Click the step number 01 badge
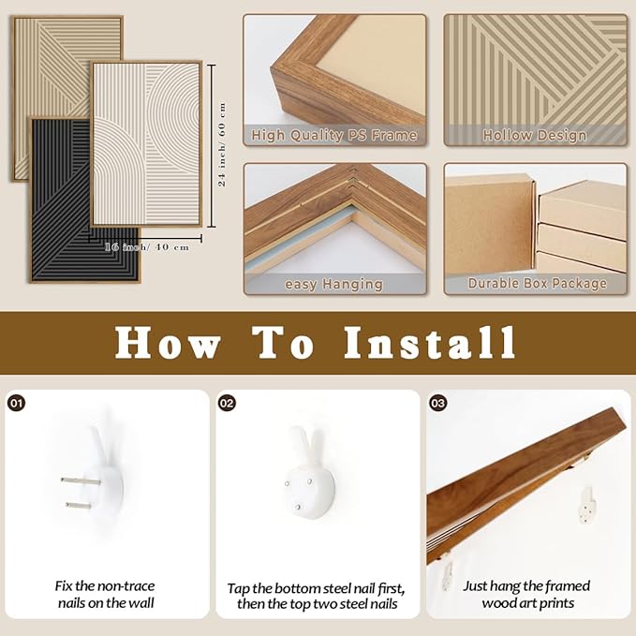point(17,403)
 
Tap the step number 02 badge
point(227,403)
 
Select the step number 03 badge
point(438,403)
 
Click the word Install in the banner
point(430,343)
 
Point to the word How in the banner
point(168,343)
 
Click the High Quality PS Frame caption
point(333,135)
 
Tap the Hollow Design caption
point(535,135)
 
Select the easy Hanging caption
point(333,285)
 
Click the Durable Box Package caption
point(538,283)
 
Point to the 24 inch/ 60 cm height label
point(222,144)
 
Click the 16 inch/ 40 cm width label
point(147,246)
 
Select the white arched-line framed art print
point(146,143)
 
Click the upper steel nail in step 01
point(81,481)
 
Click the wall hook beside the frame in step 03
point(587,506)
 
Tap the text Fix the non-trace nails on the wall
point(106,594)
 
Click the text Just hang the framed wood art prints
point(527,594)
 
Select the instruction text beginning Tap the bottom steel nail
point(317,596)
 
